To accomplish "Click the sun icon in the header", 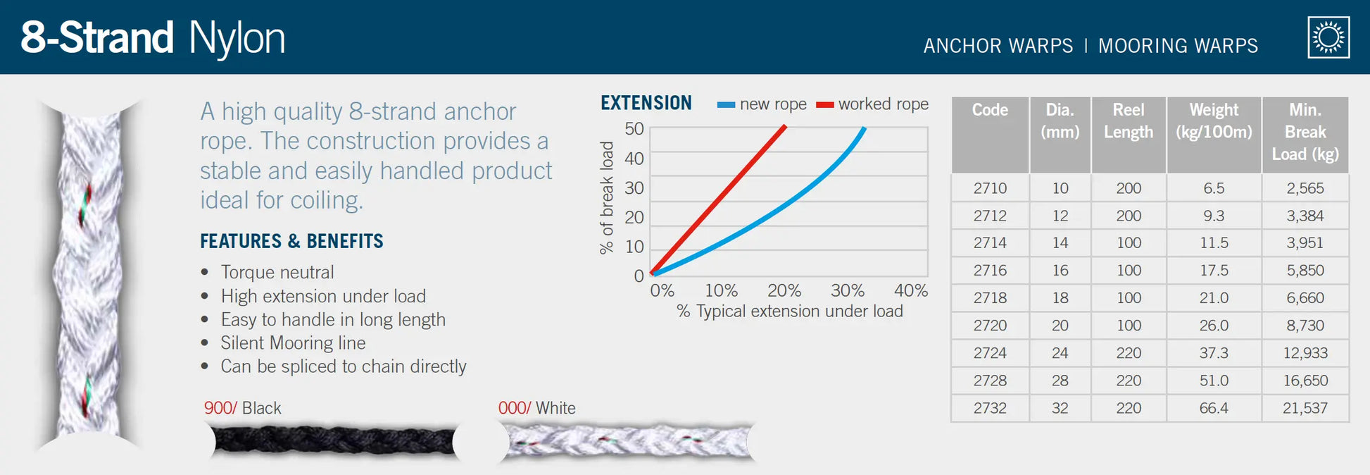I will pos(1328,37).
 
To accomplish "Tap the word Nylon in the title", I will pos(237,38).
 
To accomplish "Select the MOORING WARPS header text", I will pos(1178,46).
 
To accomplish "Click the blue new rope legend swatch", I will pos(726,105).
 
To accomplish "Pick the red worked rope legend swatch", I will pos(824,105).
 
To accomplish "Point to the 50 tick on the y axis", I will pos(634,129).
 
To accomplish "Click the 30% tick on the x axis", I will pos(847,290).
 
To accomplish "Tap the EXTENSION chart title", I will pos(646,104).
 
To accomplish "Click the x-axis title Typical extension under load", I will pos(789,311).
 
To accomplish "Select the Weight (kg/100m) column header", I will pos(1214,121).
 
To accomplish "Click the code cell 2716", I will pos(990,271).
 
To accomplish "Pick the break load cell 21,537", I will pos(1305,408).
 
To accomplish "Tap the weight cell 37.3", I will pos(1214,353).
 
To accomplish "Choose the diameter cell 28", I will pos(1060,381).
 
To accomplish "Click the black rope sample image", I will pos(334,441).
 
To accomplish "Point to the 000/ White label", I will pos(536,408).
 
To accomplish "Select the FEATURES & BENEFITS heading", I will pos(291,242).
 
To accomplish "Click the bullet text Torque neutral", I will pos(277,272).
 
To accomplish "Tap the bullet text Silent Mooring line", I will pos(293,343).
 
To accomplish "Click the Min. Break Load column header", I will pos(1305,132).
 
